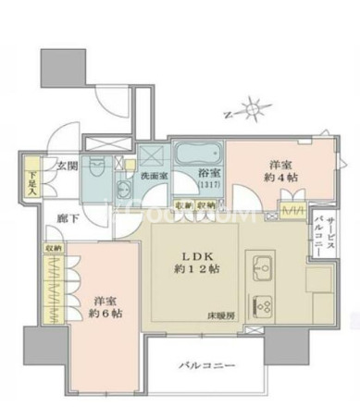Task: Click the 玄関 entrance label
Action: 66,166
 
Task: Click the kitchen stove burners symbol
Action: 261,303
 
